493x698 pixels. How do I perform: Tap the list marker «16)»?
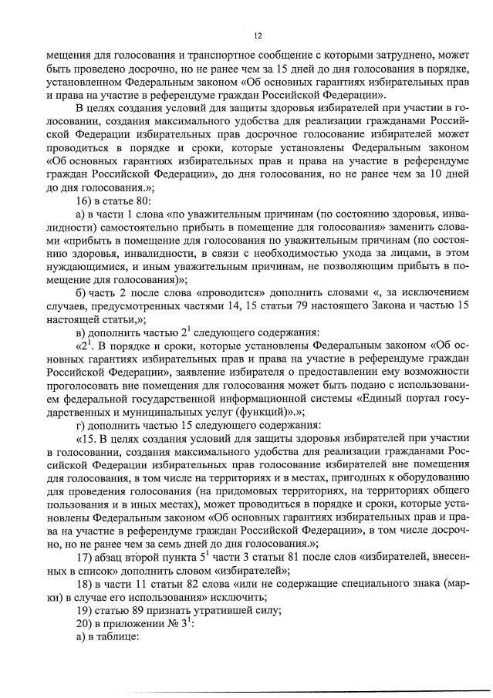86,201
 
